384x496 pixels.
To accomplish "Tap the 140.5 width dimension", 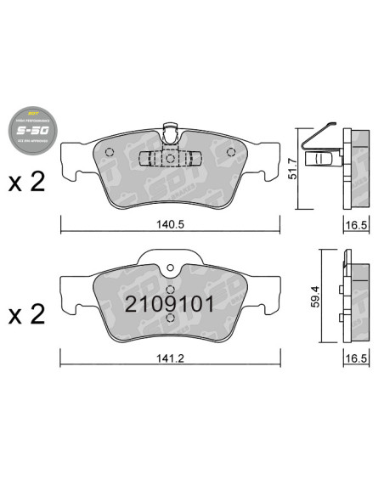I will click(x=170, y=224).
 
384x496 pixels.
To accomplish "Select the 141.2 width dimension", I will click(x=170, y=358).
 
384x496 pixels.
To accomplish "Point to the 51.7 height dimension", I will click(x=291, y=167).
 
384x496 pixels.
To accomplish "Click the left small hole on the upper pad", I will click(x=108, y=153).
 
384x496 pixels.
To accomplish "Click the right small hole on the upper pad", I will click(x=231, y=153).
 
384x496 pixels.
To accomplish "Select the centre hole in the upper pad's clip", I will click(x=170, y=159).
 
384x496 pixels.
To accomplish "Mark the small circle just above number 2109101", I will click(x=170, y=287).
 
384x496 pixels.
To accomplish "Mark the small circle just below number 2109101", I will click(x=170, y=319).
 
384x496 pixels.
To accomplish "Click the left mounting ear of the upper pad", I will click(x=70, y=169).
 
